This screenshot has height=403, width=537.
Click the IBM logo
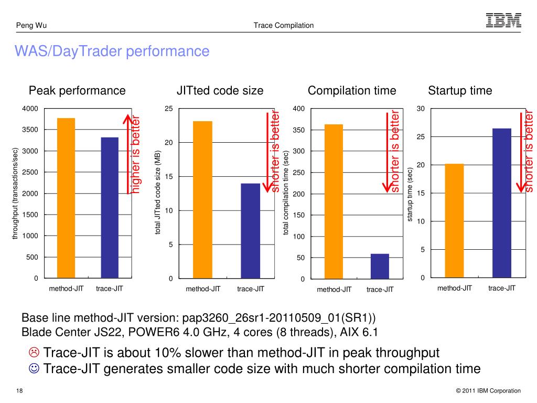(503, 20)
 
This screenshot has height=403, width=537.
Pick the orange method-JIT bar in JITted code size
(203, 199)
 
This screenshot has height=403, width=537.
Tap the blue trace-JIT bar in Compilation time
(380, 266)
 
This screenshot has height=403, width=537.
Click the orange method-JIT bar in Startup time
(454, 220)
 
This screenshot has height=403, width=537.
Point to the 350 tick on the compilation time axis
(298, 130)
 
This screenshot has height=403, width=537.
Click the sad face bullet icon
(34, 352)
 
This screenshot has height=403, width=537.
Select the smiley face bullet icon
(34, 369)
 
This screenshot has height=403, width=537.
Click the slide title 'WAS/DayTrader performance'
(112, 51)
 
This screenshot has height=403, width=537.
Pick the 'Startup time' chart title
(460, 91)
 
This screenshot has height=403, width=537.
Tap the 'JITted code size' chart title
(220, 91)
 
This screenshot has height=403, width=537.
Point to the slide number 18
(19, 391)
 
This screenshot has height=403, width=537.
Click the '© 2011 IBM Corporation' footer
(488, 391)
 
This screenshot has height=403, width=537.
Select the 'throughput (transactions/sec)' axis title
(16, 193)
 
